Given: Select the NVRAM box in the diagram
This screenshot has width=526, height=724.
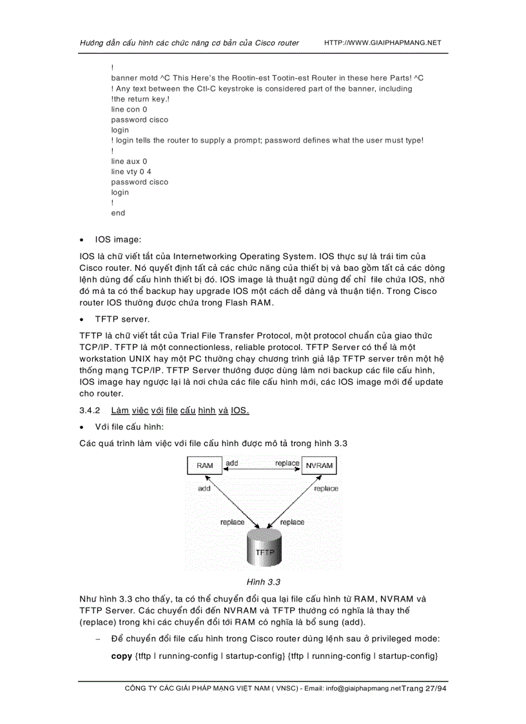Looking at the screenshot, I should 319,465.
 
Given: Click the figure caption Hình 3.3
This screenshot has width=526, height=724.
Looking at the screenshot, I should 264,582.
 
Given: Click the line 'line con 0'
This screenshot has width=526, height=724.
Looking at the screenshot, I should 129,110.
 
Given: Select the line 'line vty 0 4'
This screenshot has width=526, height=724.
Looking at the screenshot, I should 131,171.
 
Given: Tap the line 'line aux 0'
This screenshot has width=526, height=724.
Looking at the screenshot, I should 129,161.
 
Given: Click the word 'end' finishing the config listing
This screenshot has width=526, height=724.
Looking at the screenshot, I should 118,213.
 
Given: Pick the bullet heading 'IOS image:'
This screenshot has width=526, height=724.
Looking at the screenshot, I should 117,240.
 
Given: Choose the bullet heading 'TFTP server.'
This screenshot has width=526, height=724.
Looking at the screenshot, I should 122,318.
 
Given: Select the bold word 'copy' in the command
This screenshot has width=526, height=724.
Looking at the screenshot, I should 122,656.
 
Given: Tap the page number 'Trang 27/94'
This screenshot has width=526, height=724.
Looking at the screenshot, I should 424,689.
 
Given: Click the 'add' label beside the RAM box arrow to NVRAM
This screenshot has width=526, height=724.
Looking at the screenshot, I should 231,464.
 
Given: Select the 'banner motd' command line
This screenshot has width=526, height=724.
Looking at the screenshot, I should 267,78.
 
